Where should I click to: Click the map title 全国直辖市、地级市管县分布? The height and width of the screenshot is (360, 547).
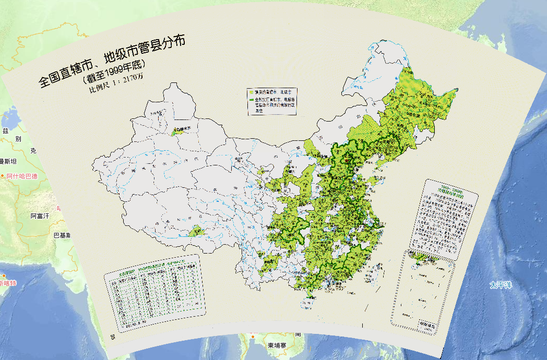(112, 62)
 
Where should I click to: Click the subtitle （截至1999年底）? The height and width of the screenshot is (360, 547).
(113, 73)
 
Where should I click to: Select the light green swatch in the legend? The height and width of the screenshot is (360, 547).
(251, 91)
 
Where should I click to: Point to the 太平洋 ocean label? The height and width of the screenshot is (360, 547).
(501, 285)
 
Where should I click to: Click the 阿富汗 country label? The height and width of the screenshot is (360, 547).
(40, 215)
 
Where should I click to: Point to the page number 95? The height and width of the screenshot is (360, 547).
(113, 335)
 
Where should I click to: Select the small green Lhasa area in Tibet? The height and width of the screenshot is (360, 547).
(197, 231)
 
